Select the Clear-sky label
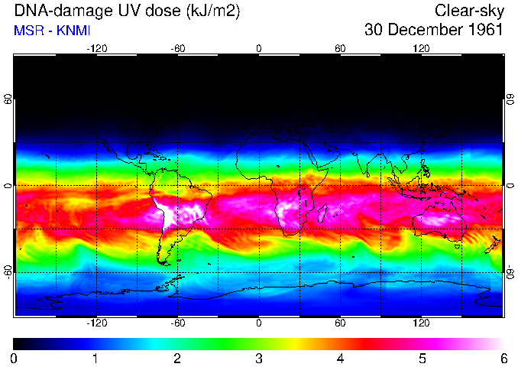click(468, 11)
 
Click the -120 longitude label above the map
click(96, 48)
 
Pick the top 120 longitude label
click(421, 48)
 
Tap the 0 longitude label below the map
click(259, 322)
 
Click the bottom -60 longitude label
click(177, 322)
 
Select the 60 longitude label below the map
click(340, 322)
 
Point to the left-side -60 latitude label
click(8, 271)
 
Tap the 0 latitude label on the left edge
click(8, 186)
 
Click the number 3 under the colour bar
click(258, 358)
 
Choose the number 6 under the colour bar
click(503, 358)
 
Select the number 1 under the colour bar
click(95, 358)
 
